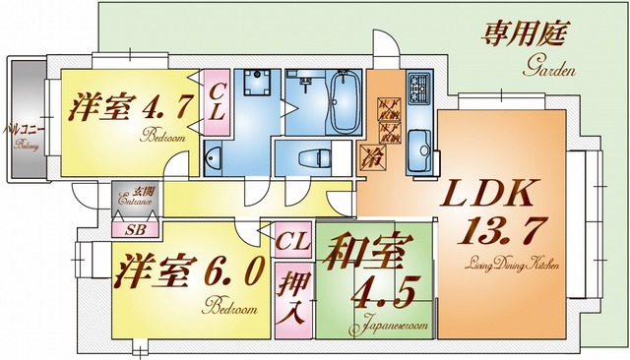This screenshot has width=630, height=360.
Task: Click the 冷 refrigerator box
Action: [x=375, y=155]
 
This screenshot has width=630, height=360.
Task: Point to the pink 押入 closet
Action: [x=291, y=301]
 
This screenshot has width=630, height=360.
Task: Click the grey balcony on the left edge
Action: [x=24, y=118]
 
